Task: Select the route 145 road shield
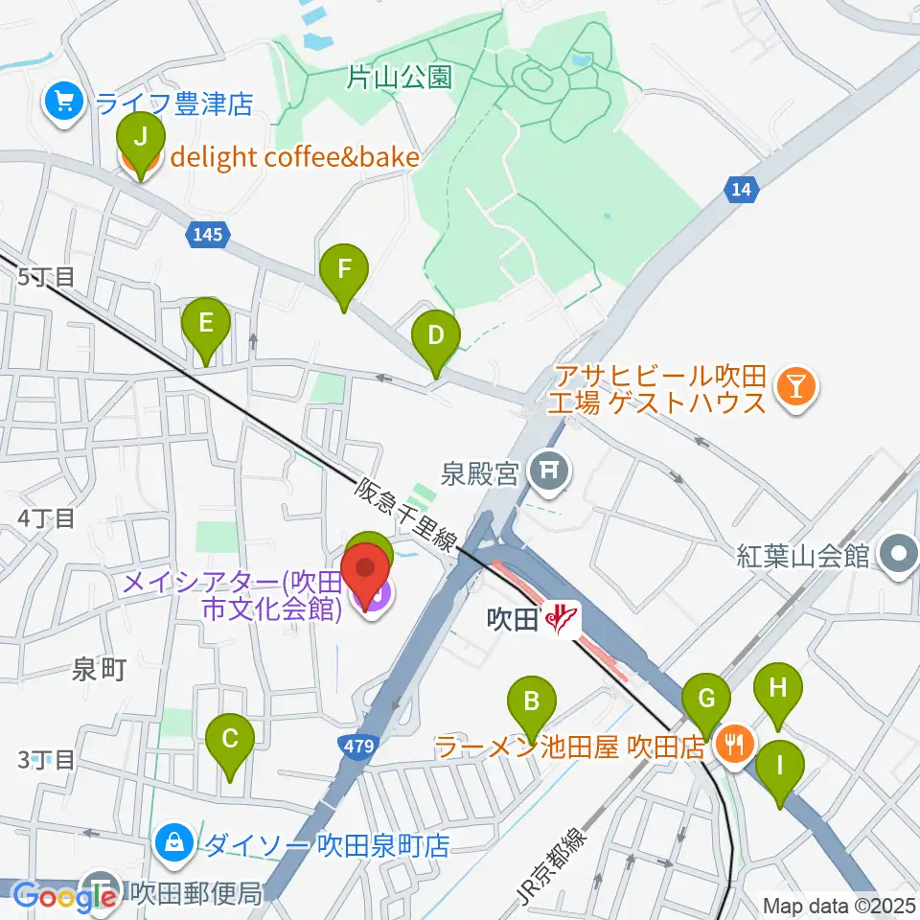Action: click(207, 234)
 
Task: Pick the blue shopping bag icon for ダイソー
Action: click(175, 843)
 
